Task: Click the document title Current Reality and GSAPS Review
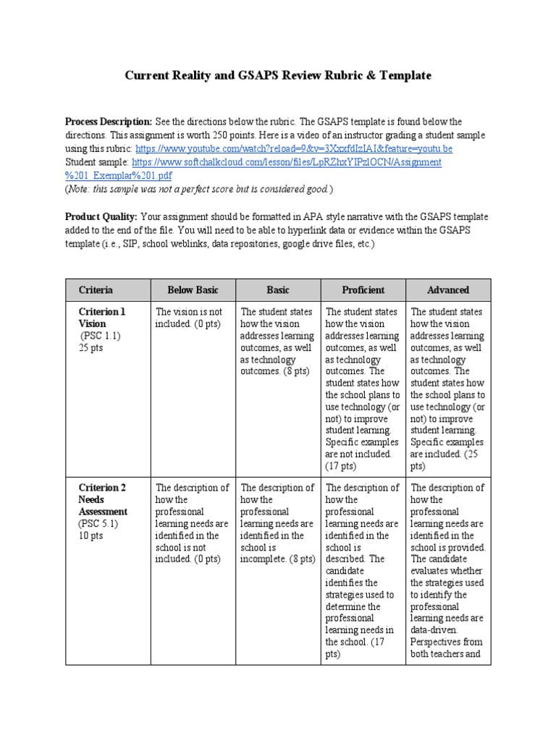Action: pos(277,75)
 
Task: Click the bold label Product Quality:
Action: pos(101,216)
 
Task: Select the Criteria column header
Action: pos(96,289)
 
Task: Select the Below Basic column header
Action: pos(193,289)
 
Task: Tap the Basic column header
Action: pos(277,289)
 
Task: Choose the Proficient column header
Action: pos(363,289)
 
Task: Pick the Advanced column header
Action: pos(448,289)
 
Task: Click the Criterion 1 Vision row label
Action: pos(101,318)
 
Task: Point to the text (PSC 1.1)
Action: pos(100,336)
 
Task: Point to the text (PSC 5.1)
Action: pos(98,524)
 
